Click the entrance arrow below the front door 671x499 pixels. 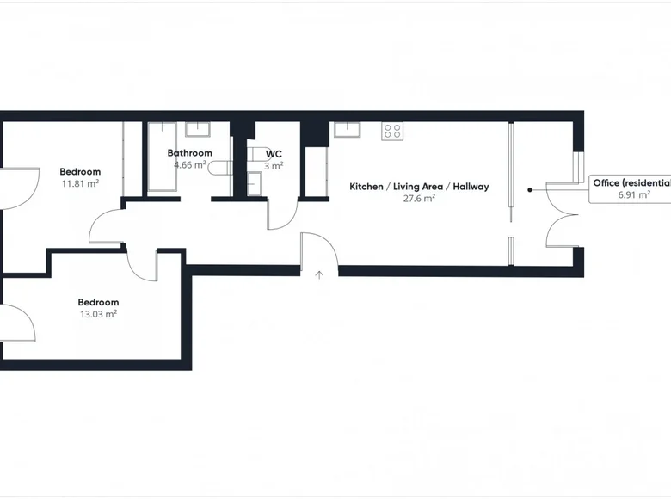point(320,276)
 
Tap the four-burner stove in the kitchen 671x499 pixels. point(392,131)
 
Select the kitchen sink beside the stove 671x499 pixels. point(347,130)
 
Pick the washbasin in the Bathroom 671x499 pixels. point(197,130)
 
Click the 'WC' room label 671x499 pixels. point(274,154)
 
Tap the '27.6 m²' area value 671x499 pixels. point(418,198)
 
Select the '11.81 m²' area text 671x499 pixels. point(80,183)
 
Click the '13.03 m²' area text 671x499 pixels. point(98,314)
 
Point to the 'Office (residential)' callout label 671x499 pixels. point(631,182)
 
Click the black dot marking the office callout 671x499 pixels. point(530,189)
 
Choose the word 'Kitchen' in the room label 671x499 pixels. point(366,187)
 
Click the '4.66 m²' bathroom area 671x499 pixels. point(189,165)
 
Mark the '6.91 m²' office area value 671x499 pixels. point(632,195)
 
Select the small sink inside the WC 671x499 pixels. point(255,182)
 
